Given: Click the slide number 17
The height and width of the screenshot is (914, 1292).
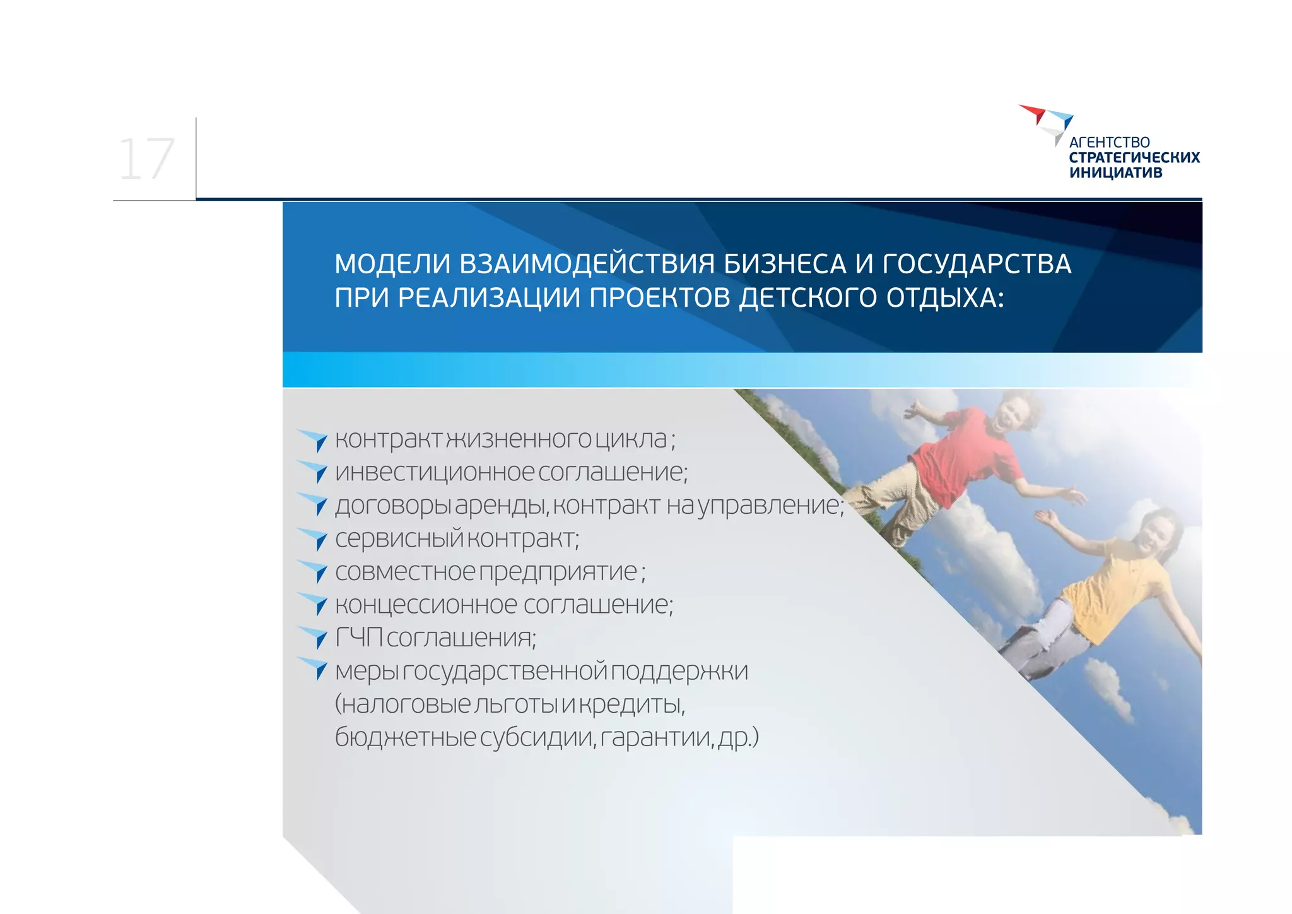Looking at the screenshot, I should click(x=146, y=160).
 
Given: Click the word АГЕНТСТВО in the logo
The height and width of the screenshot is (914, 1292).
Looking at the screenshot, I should click(x=1109, y=143).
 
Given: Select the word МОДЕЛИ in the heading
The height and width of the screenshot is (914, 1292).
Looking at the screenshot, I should click(x=392, y=264).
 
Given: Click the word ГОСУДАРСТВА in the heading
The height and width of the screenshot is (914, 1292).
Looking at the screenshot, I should click(x=977, y=264).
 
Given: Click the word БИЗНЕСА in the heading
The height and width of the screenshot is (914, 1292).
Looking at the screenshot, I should click(x=785, y=264).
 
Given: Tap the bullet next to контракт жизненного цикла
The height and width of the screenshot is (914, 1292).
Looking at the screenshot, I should click(x=314, y=440).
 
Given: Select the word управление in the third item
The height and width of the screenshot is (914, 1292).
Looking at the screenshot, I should click(x=770, y=506).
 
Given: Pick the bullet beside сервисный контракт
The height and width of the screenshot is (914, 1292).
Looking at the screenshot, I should click(x=314, y=539).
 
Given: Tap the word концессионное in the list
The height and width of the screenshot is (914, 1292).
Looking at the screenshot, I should click(x=426, y=605).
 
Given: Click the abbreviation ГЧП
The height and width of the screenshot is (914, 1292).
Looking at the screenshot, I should click(x=358, y=638).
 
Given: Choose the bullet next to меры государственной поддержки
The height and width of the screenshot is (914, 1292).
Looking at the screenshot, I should click(x=314, y=668).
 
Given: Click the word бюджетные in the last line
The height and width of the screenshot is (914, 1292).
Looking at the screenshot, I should click(x=405, y=737).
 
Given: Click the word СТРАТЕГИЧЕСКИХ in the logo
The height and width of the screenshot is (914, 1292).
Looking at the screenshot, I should click(x=1134, y=158).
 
